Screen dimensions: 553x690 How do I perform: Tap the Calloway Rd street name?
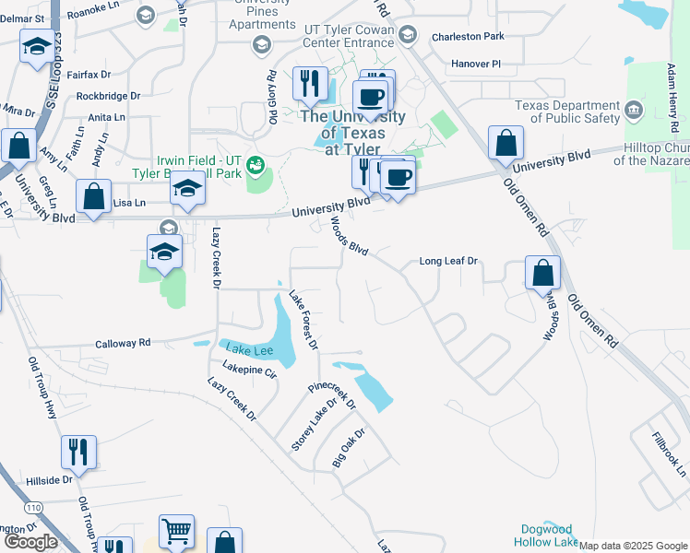(123, 343)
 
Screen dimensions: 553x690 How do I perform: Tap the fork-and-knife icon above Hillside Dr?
(77, 453)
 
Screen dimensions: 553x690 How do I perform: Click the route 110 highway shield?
(34, 508)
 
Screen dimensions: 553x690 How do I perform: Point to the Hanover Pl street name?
(475, 65)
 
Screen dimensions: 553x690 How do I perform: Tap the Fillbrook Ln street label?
(669, 454)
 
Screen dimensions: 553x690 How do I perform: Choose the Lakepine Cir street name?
(249, 371)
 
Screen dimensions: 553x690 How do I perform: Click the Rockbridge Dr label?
(108, 95)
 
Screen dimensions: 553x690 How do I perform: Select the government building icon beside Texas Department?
(633, 112)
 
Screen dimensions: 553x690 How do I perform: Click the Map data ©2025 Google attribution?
(633, 546)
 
